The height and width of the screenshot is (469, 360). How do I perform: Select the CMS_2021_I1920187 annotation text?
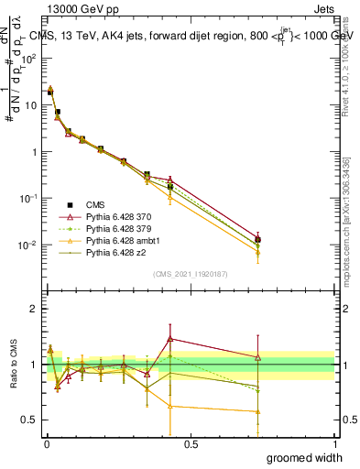[x=189, y=274]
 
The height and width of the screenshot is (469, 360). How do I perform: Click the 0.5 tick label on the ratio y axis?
[x=29, y=420]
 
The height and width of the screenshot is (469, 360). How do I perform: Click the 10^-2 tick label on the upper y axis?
[x=28, y=245]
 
